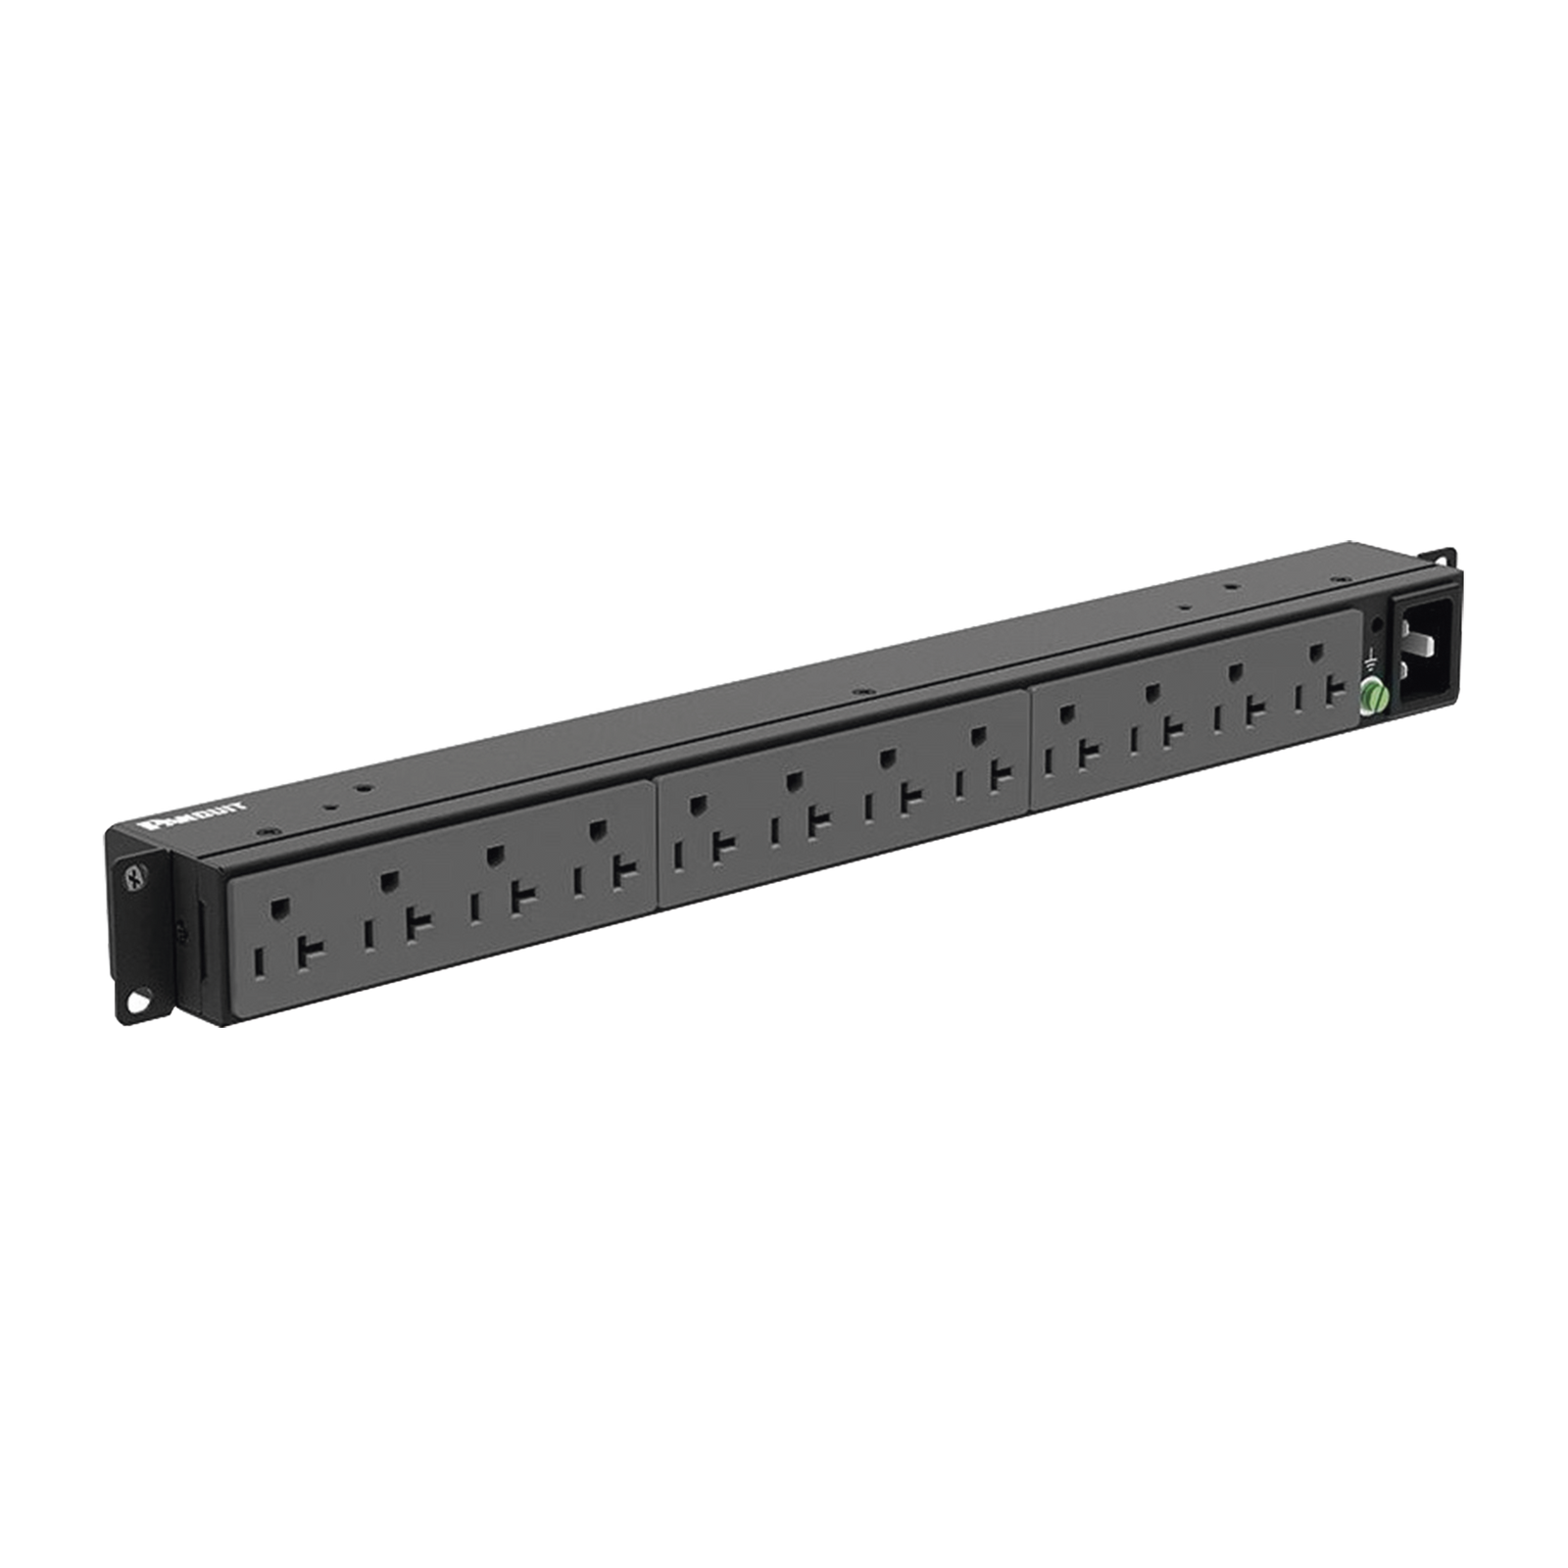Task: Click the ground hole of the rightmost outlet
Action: click(1316, 652)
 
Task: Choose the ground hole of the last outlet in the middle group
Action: click(976, 734)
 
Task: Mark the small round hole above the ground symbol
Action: click(1379, 624)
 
